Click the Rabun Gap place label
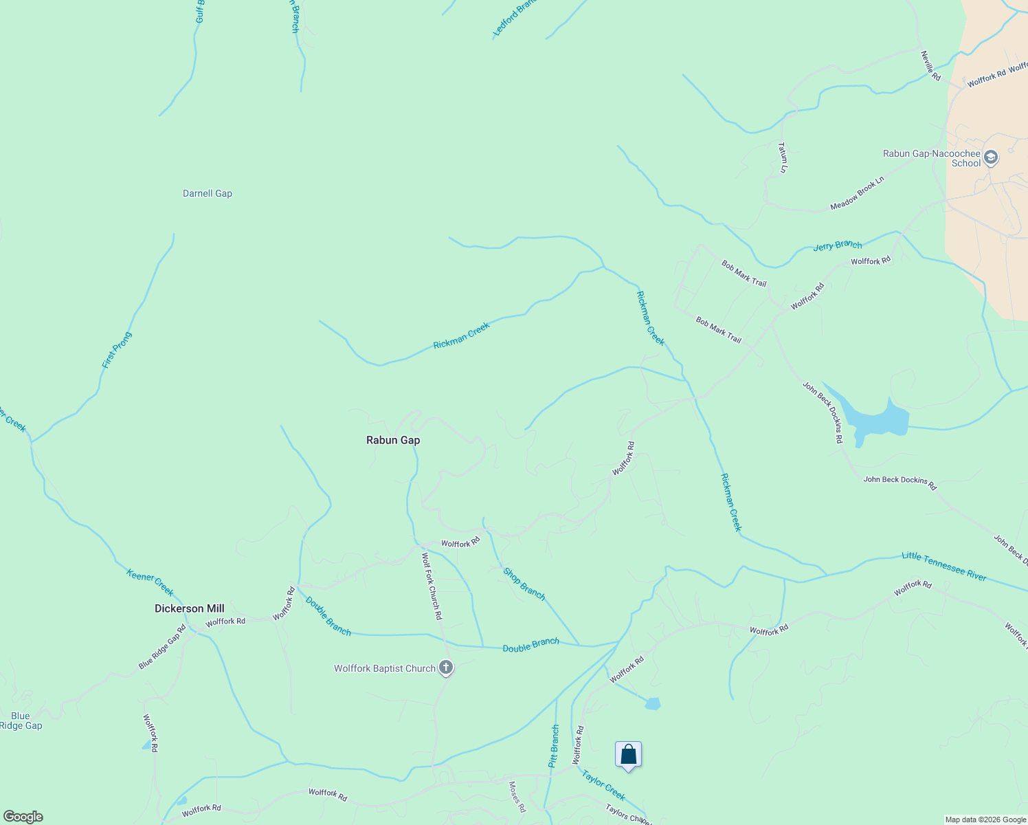(x=392, y=440)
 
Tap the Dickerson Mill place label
(x=189, y=608)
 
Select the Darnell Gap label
(x=208, y=193)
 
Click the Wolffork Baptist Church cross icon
(x=446, y=668)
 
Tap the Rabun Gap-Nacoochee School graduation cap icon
(x=990, y=158)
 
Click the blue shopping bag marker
(x=628, y=755)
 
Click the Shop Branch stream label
(x=524, y=584)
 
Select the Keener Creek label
(x=150, y=582)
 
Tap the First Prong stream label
(x=116, y=350)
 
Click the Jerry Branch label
(x=837, y=245)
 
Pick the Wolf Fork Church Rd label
(x=431, y=586)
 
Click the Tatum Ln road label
(x=782, y=157)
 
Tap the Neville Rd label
(x=930, y=66)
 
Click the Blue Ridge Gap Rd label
(x=162, y=647)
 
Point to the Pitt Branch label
(x=554, y=746)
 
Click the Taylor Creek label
(x=603, y=785)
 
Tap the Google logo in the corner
(x=23, y=817)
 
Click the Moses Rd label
(x=517, y=797)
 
